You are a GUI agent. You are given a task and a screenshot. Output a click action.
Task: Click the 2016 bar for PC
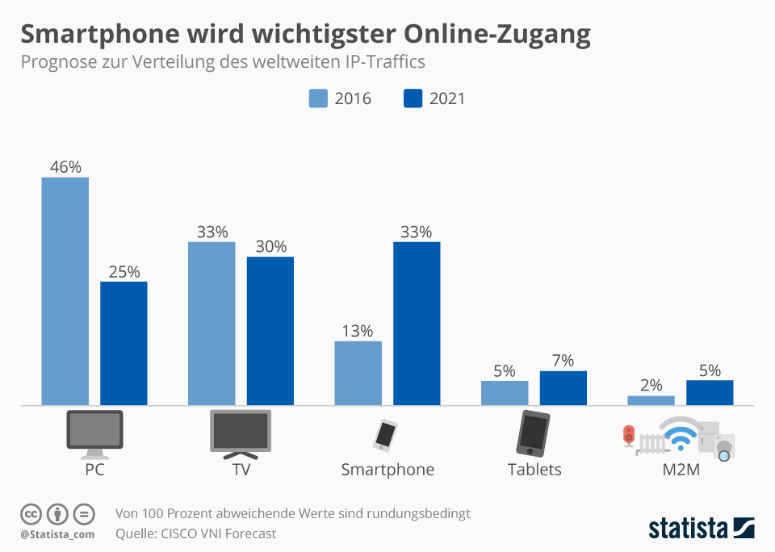[x=65, y=291]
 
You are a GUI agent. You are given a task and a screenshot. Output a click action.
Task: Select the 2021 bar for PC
[x=124, y=343]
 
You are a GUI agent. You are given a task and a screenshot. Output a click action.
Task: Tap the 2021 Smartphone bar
[x=417, y=323]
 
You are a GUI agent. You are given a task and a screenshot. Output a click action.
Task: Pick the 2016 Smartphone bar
[x=358, y=373]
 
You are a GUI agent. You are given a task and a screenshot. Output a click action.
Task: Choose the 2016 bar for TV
[x=212, y=323]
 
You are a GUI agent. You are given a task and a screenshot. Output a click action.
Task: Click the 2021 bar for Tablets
[x=563, y=388]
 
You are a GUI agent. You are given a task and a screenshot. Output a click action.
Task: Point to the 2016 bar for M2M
[x=651, y=400]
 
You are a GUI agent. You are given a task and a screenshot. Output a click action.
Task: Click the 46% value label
[x=65, y=167]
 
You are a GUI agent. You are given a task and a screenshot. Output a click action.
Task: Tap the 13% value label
[x=357, y=331]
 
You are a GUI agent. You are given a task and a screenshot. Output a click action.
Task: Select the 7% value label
[x=563, y=361]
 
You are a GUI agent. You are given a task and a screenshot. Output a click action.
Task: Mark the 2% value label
[x=651, y=386]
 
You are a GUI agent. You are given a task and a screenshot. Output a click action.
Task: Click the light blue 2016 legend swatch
[x=318, y=98]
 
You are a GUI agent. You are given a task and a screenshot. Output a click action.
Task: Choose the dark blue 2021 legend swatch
[x=413, y=98]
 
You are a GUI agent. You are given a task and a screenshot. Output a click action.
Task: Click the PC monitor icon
[x=94, y=433]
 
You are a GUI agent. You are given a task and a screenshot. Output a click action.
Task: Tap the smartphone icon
[x=385, y=434]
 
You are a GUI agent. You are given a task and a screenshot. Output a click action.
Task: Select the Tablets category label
[x=534, y=470]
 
